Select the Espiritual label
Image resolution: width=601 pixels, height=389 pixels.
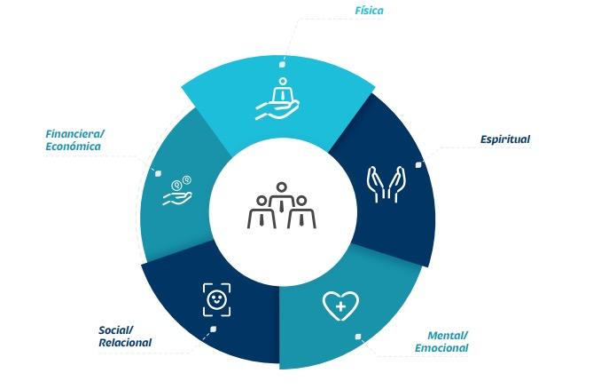coord(504,139)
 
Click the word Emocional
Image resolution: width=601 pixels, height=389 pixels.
coord(441,348)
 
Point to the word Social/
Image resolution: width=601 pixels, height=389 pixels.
coord(116,330)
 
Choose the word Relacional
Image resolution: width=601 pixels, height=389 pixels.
coord(125,343)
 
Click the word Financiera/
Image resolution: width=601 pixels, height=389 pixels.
coord(74,134)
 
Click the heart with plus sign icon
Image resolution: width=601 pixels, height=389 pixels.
coord(340,306)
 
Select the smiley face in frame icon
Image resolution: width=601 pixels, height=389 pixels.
coord(216,299)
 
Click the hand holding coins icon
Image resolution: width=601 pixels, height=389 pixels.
coord(177,192)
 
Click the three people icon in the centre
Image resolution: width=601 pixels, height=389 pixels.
coord(281,206)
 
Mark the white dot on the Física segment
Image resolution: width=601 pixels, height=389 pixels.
coord(282,63)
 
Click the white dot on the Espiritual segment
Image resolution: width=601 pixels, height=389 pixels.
coord(418,164)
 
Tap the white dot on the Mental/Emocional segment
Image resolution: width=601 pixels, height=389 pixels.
coord(358,337)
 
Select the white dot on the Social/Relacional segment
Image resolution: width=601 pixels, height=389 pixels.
coord(212,329)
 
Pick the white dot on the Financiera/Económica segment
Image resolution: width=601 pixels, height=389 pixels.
coord(158,173)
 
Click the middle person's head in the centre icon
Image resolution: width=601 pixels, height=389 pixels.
coord(281,188)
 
